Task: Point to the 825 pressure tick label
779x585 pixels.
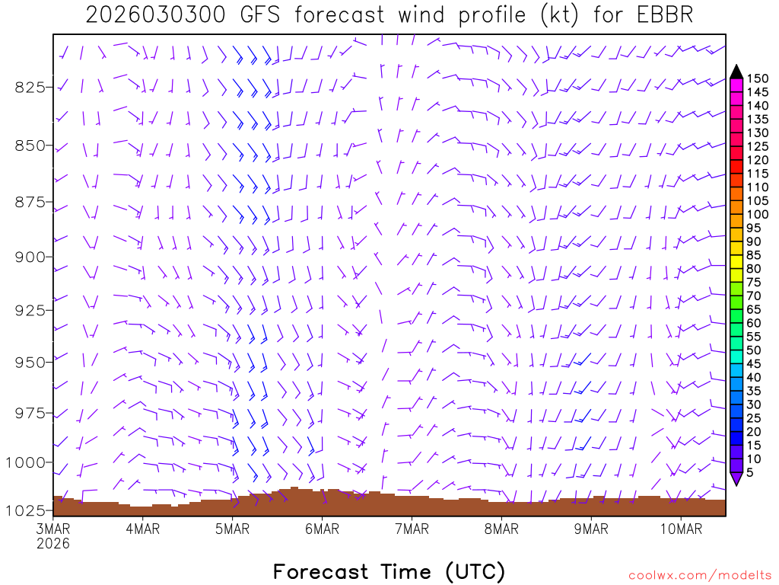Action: tap(29, 87)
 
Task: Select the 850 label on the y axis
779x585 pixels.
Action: tap(29, 145)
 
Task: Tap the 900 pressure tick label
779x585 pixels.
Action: tap(29, 257)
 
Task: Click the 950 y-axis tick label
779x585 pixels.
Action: tap(29, 361)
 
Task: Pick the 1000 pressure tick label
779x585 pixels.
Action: tap(25, 462)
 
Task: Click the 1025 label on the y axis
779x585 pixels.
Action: tap(25, 510)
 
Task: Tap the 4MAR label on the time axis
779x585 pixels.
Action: tap(142, 529)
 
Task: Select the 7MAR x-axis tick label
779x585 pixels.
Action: tap(412, 529)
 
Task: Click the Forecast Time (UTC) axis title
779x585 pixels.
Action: tap(389, 571)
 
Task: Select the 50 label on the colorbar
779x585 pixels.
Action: tap(752, 350)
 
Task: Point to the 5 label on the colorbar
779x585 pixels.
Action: tap(749, 472)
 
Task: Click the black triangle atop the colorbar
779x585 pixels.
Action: tap(736, 72)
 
